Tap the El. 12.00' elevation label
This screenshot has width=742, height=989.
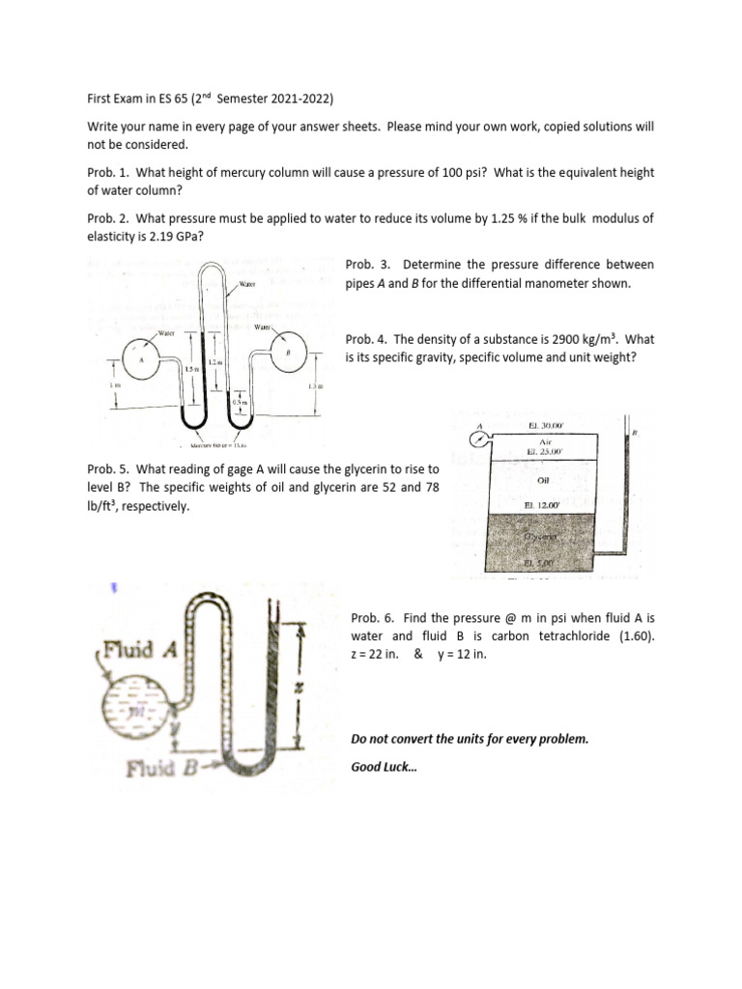[542, 505]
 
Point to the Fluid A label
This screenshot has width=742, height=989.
[141, 649]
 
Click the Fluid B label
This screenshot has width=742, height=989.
[165, 770]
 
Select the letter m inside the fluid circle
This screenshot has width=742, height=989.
[141, 712]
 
